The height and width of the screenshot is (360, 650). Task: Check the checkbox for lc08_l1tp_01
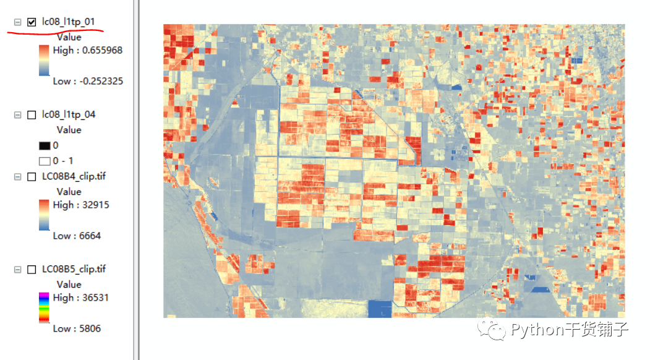[x=32, y=22]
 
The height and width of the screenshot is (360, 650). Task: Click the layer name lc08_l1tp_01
[x=68, y=22]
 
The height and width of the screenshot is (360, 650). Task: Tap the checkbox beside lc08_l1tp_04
[x=32, y=115]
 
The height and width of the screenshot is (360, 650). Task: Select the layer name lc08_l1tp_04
[x=68, y=114]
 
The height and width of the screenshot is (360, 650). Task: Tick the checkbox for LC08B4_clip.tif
[x=32, y=177]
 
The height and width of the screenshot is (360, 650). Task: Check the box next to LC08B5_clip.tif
[x=32, y=270]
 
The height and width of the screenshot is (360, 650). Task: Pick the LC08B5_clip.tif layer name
[x=74, y=269]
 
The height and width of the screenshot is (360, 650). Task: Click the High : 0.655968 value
[x=88, y=50]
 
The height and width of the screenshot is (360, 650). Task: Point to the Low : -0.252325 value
[x=88, y=81]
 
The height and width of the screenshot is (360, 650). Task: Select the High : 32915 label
[x=81, y=205]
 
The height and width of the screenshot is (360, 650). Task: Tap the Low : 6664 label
[x=77, y=236]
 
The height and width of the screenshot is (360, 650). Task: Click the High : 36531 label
[x=81, y=298]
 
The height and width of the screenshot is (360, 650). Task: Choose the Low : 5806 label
[x=77, y=328]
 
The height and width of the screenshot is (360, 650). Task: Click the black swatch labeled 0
[x=44, y=146]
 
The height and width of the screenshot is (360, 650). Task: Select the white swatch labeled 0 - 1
[x=44, y=161]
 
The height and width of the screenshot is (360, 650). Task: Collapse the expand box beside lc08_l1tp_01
[x=17, y=22]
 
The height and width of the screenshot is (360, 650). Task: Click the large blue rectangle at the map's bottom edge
[x=380, y=309]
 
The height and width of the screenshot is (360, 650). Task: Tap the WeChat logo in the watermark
[x=495, y=330]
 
